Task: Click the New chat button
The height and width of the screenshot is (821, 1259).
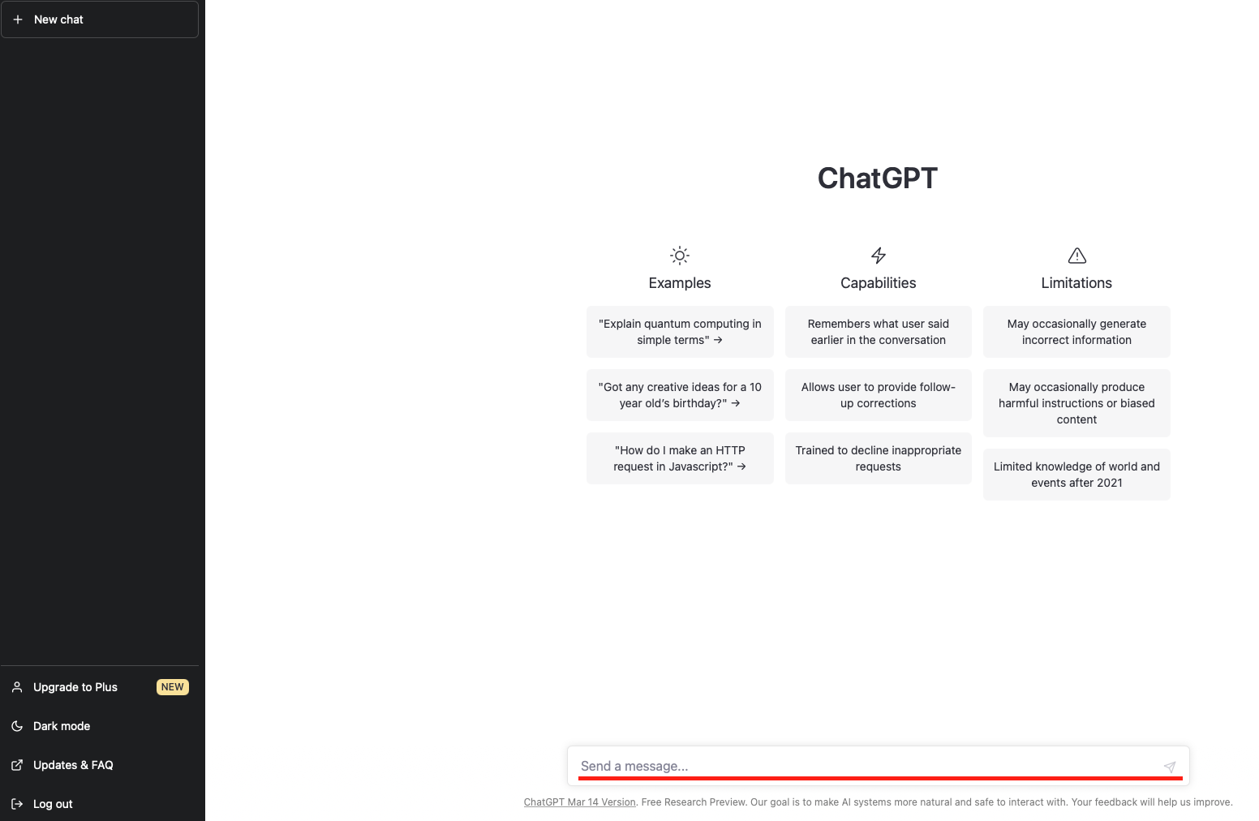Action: (x=100, y=19)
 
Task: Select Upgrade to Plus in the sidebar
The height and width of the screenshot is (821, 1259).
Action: (x=75, y=687)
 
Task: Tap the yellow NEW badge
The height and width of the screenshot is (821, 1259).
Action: (x=172, y=687)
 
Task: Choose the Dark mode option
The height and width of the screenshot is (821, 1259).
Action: (x=62, y=726)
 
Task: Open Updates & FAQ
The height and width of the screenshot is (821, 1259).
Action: (x=73, y=765)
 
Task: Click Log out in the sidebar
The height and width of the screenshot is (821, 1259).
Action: (x=53, y=804)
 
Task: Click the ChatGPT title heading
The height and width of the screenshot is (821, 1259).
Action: (x=878, y=178)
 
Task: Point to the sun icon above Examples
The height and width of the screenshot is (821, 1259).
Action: (x=680, y=256)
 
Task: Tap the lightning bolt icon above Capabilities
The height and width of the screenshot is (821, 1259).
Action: (x=879, y=256)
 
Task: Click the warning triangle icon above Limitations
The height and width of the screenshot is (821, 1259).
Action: (x=1076, y=256)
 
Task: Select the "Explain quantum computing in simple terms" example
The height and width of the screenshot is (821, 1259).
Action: (x=680, y=332)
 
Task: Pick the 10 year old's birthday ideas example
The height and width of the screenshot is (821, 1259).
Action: (x=680, y=395)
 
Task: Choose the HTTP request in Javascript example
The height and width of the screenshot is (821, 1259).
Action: (x=680, y=458)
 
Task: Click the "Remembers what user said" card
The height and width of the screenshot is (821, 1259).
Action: (x=878, y=332)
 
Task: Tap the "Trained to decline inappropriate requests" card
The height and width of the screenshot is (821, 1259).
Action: (x=878, y=458)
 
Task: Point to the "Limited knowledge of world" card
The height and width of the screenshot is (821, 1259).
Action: (x=1076, y=475)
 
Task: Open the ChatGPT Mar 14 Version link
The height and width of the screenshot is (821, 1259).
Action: (x=579, y=802)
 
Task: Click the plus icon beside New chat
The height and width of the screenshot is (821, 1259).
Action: (x=18, y=19)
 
